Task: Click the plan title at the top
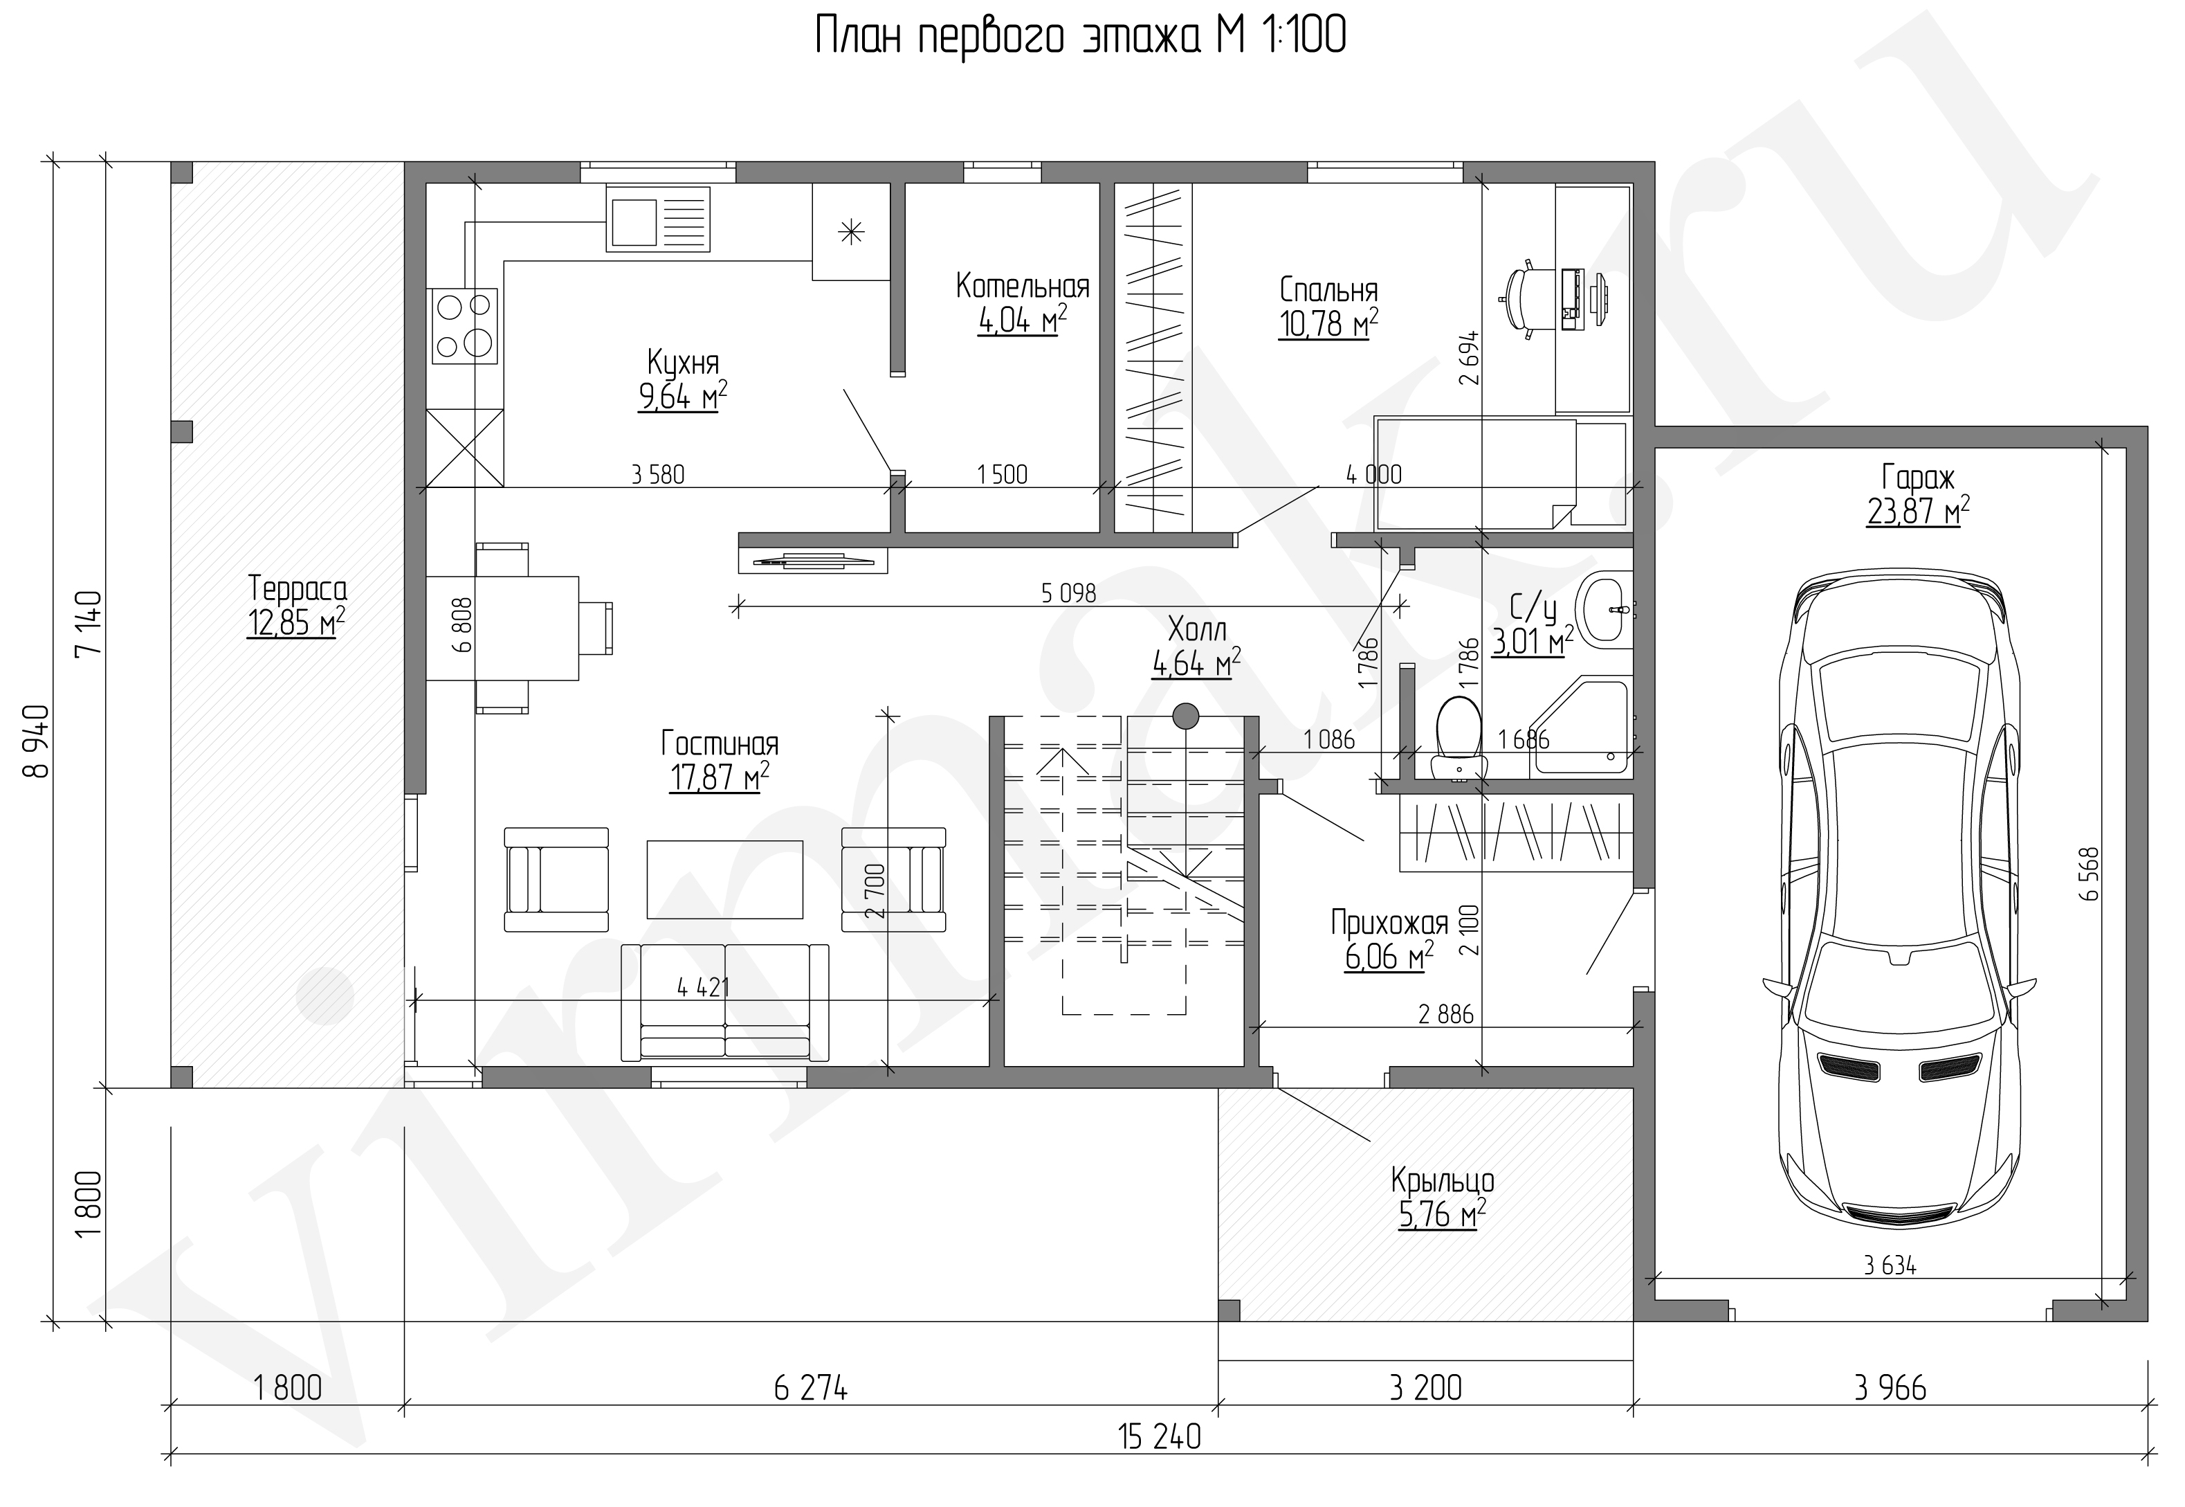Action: click(1080, 37)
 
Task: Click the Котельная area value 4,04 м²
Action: click(1022, 321)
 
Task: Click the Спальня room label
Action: click(1328, 289)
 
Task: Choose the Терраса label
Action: click(298, 589)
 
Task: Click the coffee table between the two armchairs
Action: click(724, 879)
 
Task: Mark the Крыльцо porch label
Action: click(1442, 1180)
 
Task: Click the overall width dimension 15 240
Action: click(1159, 1437)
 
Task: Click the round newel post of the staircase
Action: click(1185, 716)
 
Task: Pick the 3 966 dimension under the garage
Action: click(1890, 1388)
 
